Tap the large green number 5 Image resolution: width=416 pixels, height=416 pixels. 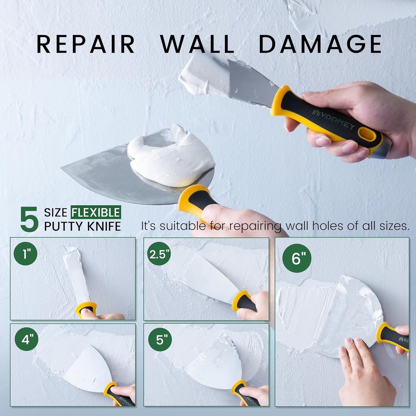point(29,220)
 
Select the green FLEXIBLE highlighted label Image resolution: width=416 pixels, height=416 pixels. point(96,212)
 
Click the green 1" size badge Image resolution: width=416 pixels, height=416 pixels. point(25,254)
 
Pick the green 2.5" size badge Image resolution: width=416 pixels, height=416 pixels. point(159,254)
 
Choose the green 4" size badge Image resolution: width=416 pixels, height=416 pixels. point(26,340)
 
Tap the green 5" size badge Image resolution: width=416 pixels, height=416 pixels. point(160,340)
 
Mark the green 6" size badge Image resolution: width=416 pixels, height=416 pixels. point(297,258)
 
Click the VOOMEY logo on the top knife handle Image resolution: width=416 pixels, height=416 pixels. point(335,120)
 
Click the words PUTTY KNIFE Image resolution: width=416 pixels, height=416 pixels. point(82,227)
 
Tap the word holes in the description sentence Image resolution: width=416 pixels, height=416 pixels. point(328,226)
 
